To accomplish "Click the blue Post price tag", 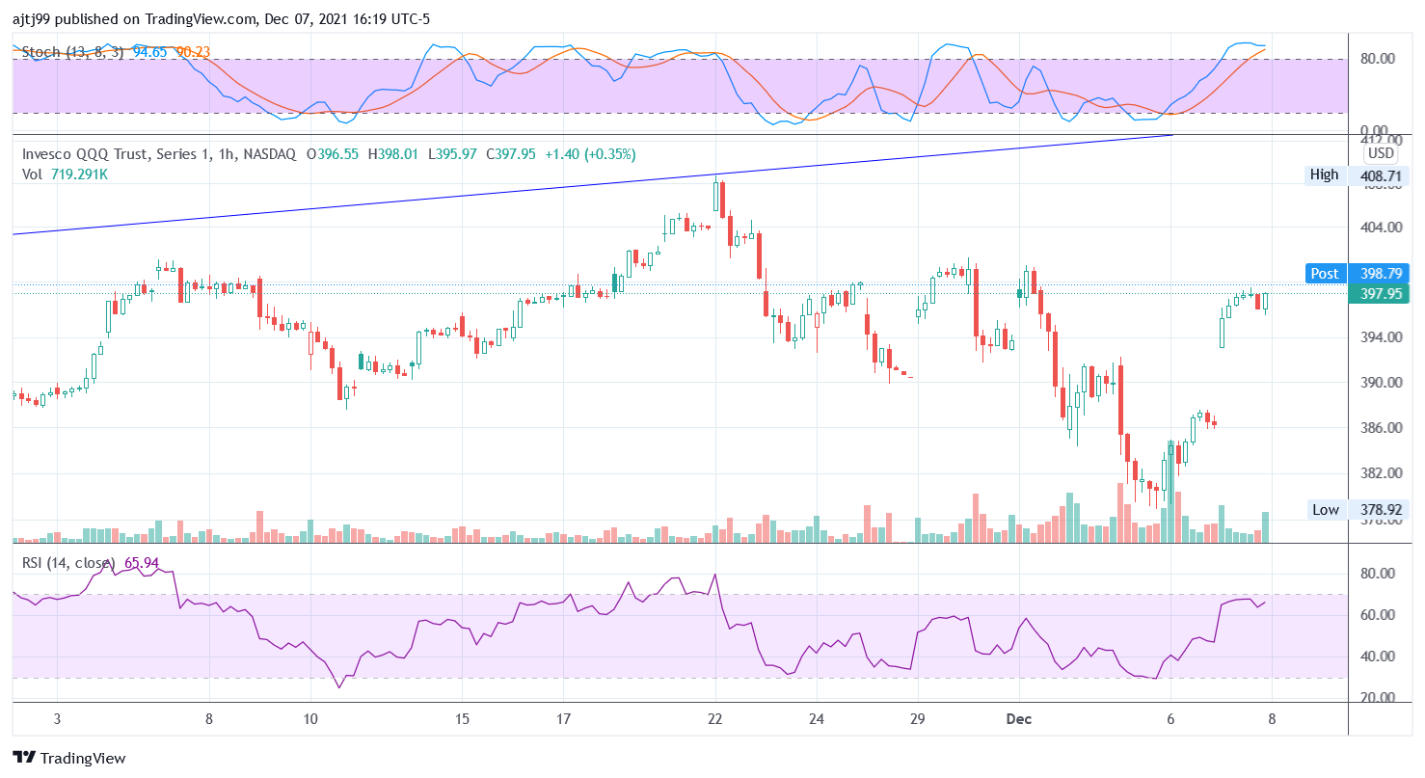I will [1324, 274].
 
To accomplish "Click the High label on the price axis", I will [1324, 174].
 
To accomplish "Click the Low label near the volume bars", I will [1325, 509].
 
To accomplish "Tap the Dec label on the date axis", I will [1018, 719].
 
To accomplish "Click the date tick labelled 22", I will [714, 719].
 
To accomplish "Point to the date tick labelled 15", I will [462, 719].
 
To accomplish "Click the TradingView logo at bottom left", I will [69, 758].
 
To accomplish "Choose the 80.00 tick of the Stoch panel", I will [1378, 59].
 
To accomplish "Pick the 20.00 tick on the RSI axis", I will [1378, 698].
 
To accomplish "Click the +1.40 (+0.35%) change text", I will [588, 154].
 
